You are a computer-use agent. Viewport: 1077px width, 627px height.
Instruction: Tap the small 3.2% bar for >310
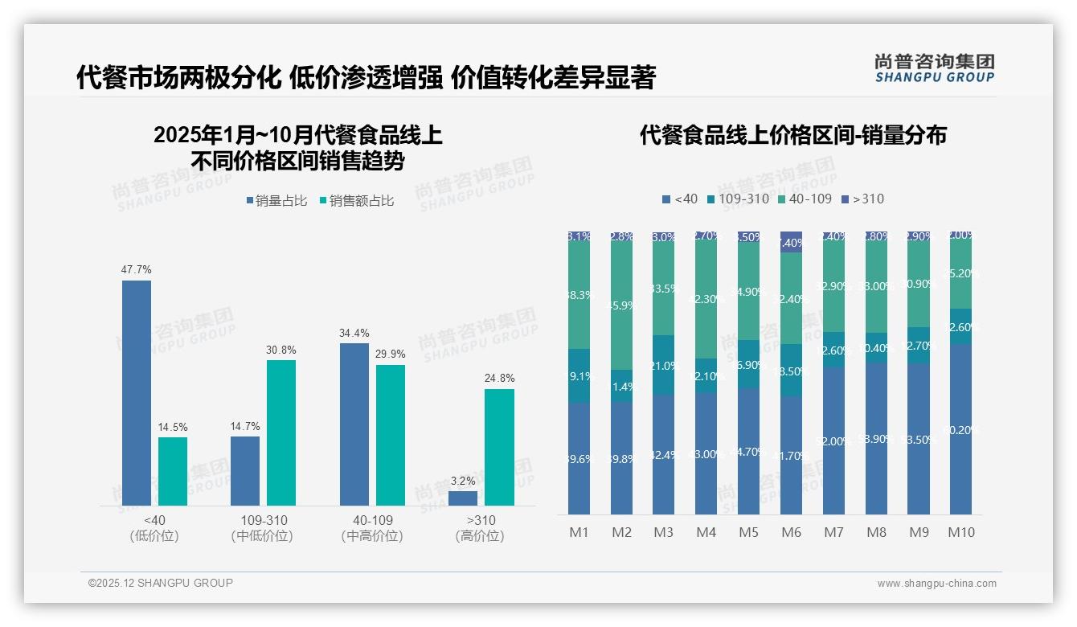[x=463, y=498]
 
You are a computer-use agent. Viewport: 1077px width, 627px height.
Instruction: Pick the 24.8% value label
[x=499, y=378]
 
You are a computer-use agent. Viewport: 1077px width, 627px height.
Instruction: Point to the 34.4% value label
[x=354, y=332]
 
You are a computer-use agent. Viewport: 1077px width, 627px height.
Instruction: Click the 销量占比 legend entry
[x=276, y=201]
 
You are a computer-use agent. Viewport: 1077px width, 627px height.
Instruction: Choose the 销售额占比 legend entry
[x=357, y=201]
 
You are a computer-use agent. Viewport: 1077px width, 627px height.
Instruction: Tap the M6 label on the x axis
[x=791, y=532]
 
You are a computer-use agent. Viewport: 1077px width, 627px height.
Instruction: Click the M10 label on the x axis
[x=961, y=532]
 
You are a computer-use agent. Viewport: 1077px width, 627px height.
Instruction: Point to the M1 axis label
[x=579, y=532]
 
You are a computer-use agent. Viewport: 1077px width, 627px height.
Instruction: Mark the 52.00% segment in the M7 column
[x=833, y=441]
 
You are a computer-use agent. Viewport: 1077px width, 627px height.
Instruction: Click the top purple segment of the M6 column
[x=791, y=242]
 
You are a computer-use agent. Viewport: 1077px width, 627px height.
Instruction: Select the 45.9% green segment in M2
[x=621, y=305]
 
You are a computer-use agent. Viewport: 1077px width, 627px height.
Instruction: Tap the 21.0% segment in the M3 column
[x=664, y=365]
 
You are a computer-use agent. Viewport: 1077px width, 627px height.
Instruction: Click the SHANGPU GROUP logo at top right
[x=934, y=68]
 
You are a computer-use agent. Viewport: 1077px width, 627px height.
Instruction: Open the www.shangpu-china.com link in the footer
[x=936, y=584]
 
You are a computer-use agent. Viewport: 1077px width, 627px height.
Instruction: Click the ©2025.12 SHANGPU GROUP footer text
[x=161, y=584]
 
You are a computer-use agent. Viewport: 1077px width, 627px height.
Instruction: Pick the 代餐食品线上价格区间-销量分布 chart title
[x=792, y=135]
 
